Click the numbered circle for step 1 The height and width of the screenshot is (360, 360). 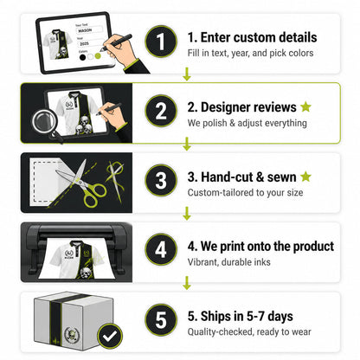[x=161, y=42]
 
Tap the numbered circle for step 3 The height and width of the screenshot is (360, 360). [x=161, y=180]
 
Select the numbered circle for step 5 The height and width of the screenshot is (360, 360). [x=161, y=319]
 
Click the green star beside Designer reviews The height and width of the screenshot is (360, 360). [x=305, y=106]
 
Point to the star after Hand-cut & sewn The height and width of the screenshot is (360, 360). [x=305, y=177]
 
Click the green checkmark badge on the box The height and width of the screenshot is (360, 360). [x=110, y=336]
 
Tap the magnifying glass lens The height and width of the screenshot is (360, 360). [x=43, y=122]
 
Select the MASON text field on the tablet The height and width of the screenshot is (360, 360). [x=89, y=30]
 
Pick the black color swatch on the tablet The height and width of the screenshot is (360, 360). [x=83, y=57]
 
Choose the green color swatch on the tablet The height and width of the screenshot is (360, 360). [x=98, y=56]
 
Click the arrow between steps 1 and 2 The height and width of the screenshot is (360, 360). [x=187, y=74]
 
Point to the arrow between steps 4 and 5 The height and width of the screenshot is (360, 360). [x=187, y=283]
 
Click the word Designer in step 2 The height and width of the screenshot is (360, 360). [x=224, y=107]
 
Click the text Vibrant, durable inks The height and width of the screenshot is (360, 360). [x=229, y=262]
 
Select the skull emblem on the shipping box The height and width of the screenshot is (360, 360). [x=71, y=336]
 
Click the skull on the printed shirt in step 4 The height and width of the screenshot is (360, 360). [x=85, y=273]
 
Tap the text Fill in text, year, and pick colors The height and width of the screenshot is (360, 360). [x=250, y=53]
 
